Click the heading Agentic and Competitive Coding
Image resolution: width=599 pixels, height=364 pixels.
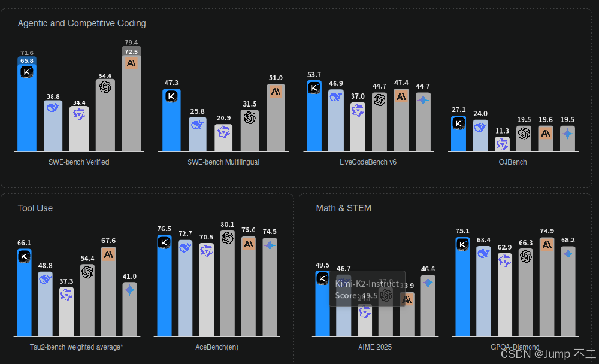(81, 23)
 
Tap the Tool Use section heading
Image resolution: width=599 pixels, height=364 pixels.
(35, 208)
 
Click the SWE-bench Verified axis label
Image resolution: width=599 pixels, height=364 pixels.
(79, 162)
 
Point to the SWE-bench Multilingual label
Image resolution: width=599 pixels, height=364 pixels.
(223, 162)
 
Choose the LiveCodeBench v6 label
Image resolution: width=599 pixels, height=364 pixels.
(368, 162)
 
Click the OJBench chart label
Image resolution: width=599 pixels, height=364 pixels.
(513, 162)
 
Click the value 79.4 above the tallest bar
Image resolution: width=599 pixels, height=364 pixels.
(132, 43)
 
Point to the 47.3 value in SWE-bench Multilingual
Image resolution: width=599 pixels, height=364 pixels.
(171, 83)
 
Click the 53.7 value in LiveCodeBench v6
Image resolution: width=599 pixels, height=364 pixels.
(314, 75)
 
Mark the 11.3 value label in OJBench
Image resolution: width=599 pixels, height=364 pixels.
(502, 131)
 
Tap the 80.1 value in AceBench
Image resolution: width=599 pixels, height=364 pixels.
(227, 225)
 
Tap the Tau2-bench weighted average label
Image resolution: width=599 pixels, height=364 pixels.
(77, 347)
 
